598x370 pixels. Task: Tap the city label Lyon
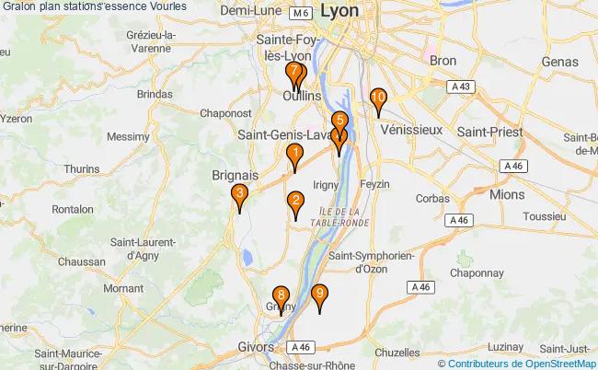coord(341,12)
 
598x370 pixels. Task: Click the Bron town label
coord(443,60)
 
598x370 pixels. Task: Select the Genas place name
coord(558,61)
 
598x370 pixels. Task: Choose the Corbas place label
coord(432,199)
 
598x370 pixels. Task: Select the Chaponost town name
coord(226,112)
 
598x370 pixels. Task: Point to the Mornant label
coord(123,288)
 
